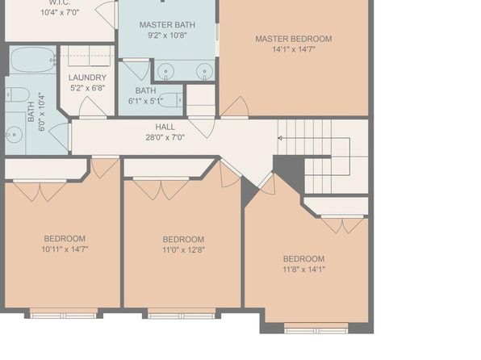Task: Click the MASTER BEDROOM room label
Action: [x=294, y=39]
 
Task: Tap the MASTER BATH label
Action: [x=167, y=25]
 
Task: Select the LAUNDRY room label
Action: [x=87, y=77]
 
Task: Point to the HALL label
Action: [x=165, y=127]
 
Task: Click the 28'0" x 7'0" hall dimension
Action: [x=165, y=137]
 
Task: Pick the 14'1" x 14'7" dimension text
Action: [x=294, y=49]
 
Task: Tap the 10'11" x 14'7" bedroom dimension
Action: [x=65, y=249]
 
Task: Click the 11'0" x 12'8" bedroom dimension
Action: [x=183, y=249]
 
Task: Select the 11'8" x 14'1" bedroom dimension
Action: [x=303, y=270]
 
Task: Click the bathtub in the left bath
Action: [x=32, y=60]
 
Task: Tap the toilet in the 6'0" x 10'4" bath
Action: [x=17, y=94]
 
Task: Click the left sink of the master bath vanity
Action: [x=165, y=72]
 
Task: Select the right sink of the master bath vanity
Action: [x=205, y=72]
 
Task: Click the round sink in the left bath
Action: [x=14, y=135]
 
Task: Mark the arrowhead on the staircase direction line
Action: [x=280, y=138]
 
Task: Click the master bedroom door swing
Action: [x=235, y=107]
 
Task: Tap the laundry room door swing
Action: [x=93, y=107]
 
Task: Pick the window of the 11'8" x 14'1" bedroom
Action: [x=316, y=329]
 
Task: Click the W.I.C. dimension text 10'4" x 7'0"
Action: [x=60, y=13]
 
